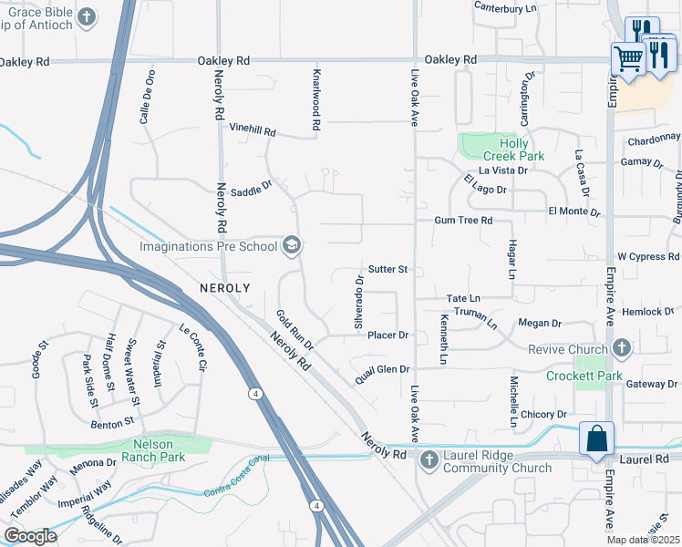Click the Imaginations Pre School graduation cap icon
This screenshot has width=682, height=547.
pos(292,244)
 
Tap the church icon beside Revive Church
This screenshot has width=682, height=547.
pos(622,348)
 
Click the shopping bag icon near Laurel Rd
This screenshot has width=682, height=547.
pos(595,438)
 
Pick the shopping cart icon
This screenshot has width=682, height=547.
pos(627,58)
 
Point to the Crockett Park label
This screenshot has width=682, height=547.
pos(584,376)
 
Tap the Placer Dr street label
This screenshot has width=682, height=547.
pos(387,335)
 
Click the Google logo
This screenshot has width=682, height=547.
pos(31,535)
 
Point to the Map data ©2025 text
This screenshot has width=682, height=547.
pos(642,540)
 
